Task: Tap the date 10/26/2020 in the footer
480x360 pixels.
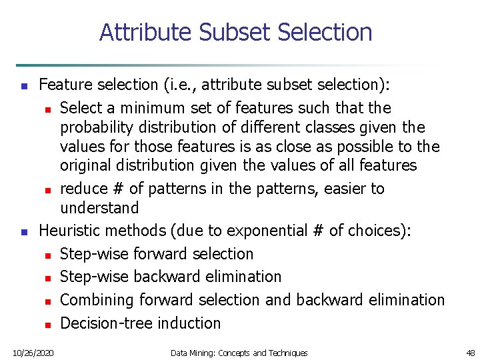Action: [x=33, y=352]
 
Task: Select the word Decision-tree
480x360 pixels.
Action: [x=99, y=323]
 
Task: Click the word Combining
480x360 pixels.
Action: [x=97, y=300]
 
